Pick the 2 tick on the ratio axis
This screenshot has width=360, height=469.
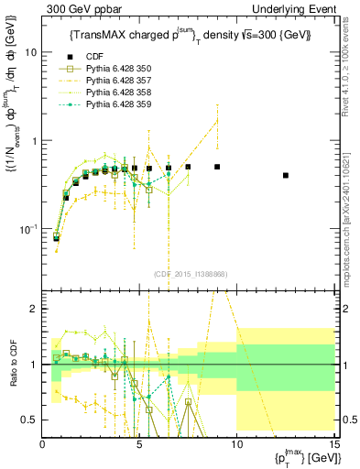[x=33, y=309]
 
